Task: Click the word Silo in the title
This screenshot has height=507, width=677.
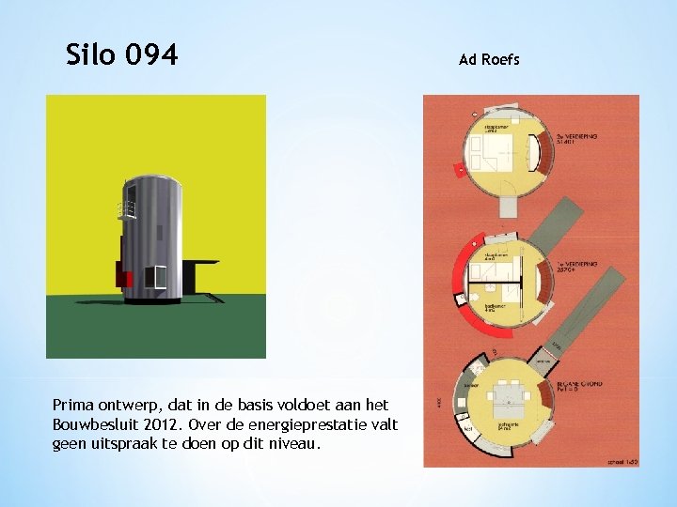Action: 92,56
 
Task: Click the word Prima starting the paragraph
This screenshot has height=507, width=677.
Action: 75,405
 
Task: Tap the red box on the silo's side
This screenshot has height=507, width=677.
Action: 122,274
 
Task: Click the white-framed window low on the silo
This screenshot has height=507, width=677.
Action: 154,277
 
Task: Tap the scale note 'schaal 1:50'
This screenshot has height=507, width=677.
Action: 620,462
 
